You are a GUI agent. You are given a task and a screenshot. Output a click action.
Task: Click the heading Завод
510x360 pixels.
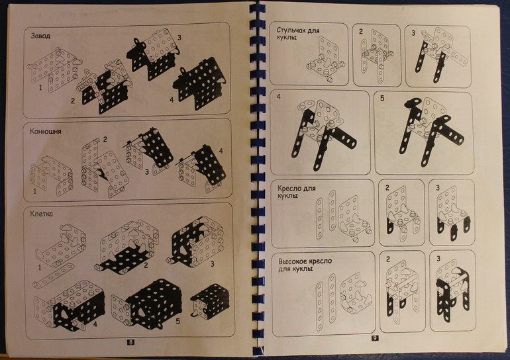click(x=40, y=36)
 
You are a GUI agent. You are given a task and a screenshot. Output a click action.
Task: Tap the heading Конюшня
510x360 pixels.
click(x=46, y=132)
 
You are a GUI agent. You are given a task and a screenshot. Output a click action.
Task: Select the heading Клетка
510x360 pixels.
click(x=41, y=214)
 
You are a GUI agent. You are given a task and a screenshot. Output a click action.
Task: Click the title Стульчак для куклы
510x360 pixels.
click(x=298, y=34)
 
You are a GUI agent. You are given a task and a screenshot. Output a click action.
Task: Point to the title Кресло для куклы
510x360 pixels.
click(x=296, y=192)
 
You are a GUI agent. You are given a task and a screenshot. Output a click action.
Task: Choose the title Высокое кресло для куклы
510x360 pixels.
click(x=305, y=265)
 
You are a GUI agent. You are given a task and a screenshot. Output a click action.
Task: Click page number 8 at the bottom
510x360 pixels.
click(x=130, y=342)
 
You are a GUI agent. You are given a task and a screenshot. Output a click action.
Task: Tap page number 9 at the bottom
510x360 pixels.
click(x=375, y=339)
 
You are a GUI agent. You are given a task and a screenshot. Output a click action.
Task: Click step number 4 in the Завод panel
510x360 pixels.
click(x=172, y=100)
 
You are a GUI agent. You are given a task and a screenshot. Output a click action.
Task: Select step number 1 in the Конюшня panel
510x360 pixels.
click(x=35, y=191)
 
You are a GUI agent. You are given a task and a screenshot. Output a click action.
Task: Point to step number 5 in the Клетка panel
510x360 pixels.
click(x=178, y=321)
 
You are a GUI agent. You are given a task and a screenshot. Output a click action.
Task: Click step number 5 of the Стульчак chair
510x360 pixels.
click(x=382, y=98)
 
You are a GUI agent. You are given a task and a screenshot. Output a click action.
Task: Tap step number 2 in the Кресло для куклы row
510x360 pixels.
click(x=387, y=188)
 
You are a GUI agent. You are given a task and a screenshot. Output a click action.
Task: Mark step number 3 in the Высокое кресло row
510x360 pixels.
click(x=438, y=259)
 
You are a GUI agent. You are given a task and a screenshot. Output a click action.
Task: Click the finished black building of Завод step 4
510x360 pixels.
click(x=199, y=85)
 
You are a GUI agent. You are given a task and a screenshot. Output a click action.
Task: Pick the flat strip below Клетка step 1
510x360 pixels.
click(x=53, y=276)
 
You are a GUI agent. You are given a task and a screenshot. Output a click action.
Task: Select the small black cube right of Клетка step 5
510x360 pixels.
click(x=210, y=301)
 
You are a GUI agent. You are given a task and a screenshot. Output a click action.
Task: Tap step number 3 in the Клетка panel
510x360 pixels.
click(x=212, y=264)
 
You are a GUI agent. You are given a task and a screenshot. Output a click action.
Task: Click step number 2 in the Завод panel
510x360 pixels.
click(x=73, y=101)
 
